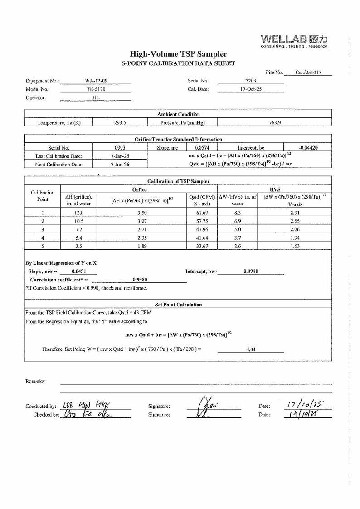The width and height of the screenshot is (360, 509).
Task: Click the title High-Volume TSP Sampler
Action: tap(179, 54)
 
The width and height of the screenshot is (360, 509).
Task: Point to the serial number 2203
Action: tap(250, 81)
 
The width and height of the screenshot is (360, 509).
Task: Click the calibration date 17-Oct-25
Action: tap(251, 89)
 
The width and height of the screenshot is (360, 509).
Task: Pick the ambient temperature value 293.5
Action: tap(120, 122)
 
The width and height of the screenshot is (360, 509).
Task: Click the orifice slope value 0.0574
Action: tap(201, 148)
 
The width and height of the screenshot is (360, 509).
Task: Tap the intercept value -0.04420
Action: tap(308, 148)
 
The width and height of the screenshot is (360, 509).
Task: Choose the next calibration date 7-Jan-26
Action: tap(120, 165)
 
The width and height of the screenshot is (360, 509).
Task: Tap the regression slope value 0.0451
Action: tap(79, 271)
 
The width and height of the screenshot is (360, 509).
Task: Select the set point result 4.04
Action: tap(251, 350)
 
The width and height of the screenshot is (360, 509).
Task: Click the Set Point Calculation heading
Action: tap(178, 305)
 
